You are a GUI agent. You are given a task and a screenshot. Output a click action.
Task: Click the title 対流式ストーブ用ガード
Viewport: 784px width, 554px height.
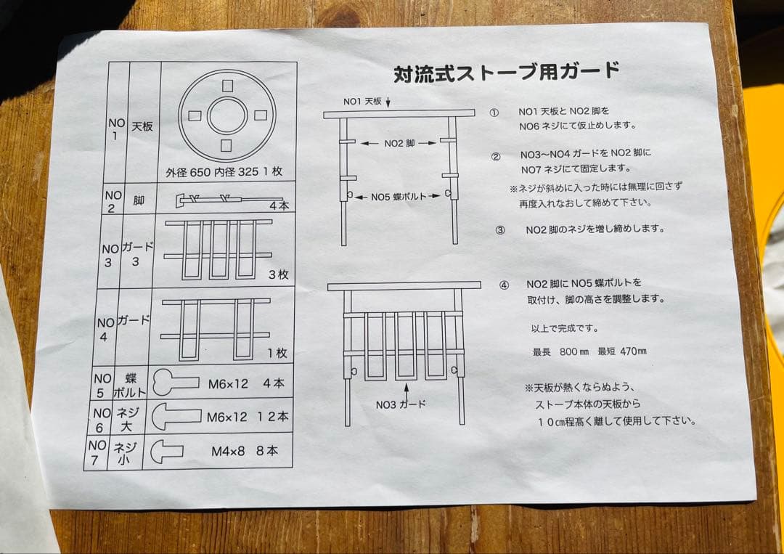(x=506, y=73)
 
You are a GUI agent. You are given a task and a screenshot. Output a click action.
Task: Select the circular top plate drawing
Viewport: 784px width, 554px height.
(x=227, y=115)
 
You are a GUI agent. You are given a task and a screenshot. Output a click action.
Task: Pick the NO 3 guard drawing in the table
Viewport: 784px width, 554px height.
(x=219, y=250)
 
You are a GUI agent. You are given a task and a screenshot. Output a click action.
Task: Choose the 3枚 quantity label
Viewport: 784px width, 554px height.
(x=278, y=275)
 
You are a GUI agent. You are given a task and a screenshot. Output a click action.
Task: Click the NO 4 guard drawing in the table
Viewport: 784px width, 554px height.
(x=216, y=329)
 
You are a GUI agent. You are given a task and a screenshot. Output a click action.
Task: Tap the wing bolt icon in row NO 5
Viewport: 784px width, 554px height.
(x=176, y=383)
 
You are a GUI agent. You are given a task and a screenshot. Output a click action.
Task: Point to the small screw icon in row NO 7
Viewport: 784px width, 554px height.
(x=167, y=451)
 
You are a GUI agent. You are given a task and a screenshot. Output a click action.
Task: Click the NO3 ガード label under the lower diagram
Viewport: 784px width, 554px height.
(x=401, y=404)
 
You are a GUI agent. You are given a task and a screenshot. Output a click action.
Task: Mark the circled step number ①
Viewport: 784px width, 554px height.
(x=494, y=113)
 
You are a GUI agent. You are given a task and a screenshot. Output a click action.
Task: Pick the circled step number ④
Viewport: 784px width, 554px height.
(x=504, y=284)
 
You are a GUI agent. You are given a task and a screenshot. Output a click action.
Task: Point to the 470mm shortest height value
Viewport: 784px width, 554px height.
(x=633, y=352)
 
